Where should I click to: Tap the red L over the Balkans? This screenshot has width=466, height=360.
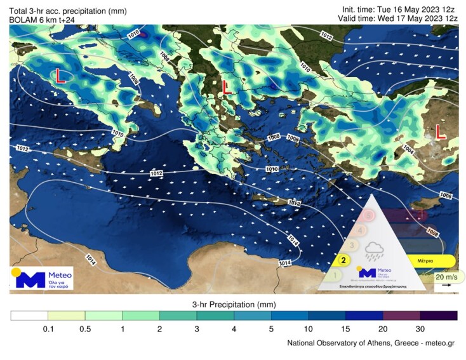[225, 88]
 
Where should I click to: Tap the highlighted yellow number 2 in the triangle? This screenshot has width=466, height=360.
[343, 260]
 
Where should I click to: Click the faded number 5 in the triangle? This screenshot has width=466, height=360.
[368, 215]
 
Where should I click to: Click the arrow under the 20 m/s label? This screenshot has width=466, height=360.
[447, 286]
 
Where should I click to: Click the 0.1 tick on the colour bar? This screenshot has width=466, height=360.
[48, 328]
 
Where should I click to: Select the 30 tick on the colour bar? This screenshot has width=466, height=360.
[420, 328]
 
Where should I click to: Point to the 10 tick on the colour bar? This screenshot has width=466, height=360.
[309, 328]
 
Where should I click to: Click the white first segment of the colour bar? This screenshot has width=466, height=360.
[29, 315]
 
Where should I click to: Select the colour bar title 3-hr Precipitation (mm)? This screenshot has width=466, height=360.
[233, 304]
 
